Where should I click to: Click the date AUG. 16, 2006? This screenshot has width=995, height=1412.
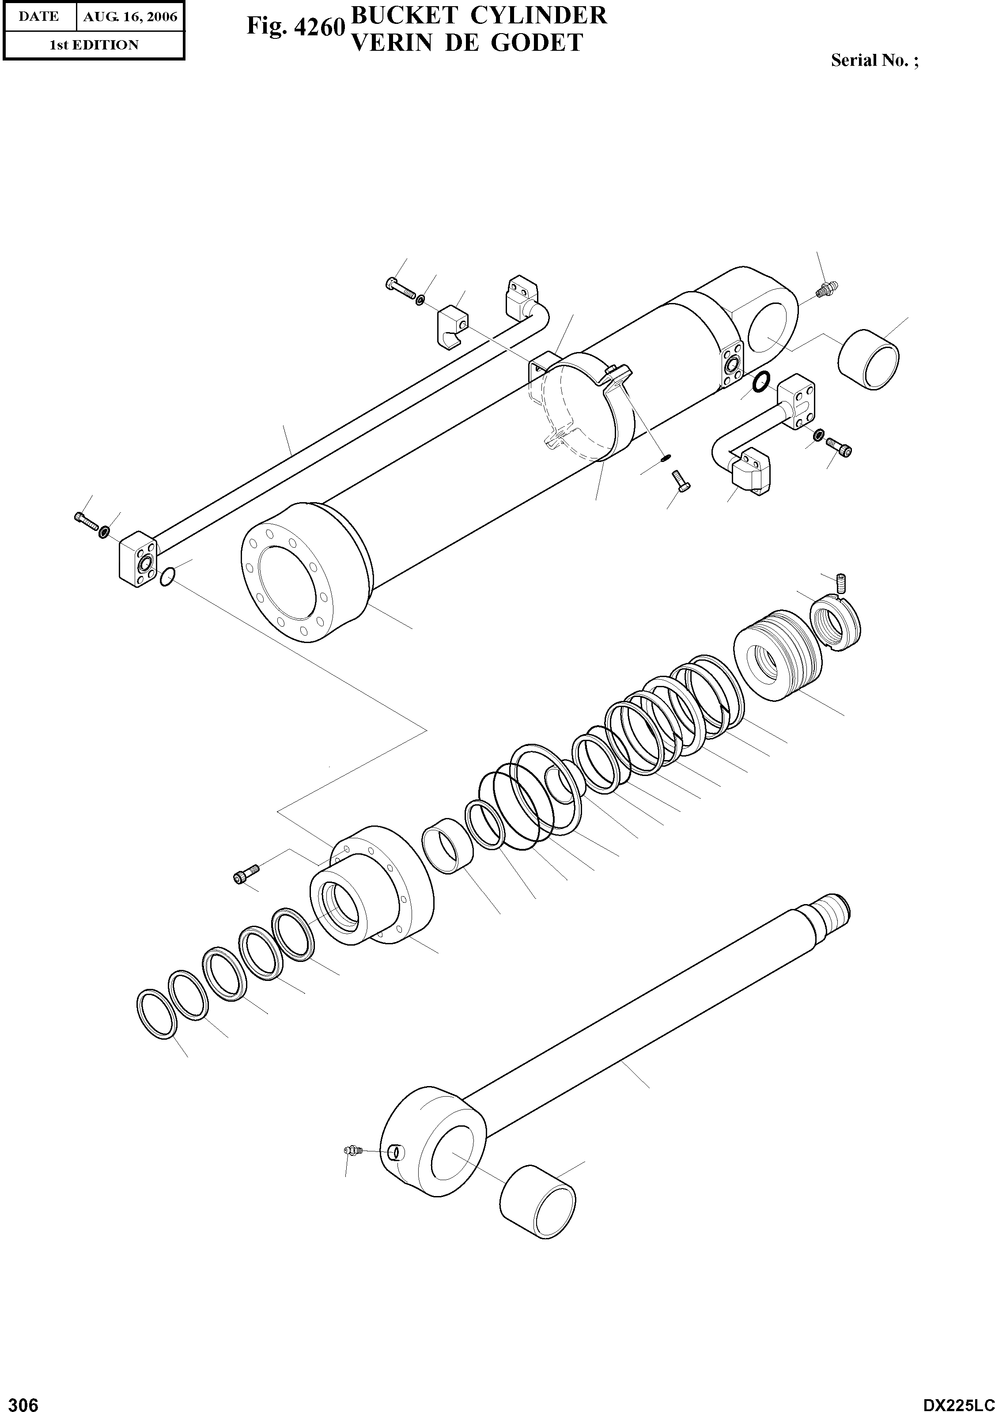pos(130,17)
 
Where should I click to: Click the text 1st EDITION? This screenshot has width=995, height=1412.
pos(94,45)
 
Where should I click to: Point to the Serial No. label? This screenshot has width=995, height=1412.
pos(874,60)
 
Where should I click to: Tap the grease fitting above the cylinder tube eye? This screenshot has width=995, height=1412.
pos(824,289)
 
